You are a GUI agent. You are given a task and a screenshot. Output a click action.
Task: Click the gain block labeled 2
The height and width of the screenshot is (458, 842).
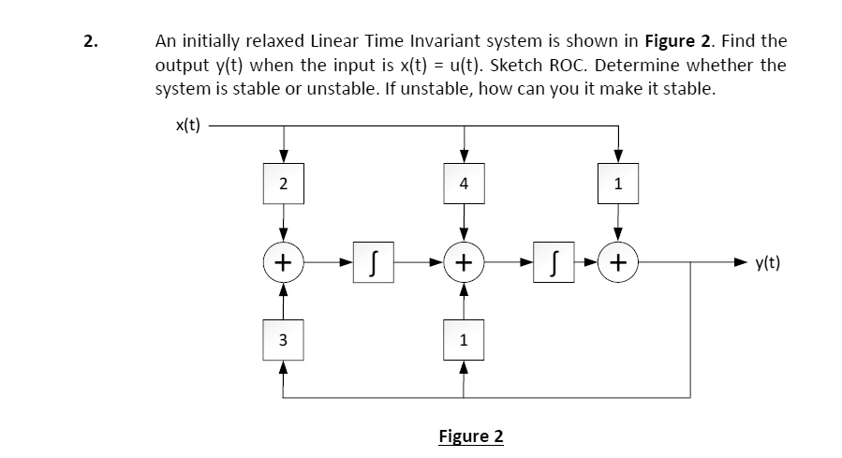click(284, 184)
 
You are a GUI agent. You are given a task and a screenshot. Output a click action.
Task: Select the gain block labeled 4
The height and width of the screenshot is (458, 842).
click(464, 184)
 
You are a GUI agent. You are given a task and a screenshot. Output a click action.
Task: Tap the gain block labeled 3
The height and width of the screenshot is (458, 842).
click(283, 340)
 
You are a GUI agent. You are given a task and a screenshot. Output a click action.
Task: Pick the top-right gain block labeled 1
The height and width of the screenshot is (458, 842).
click(618, 184)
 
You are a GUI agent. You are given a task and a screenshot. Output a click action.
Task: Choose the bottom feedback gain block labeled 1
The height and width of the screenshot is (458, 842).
click(464, 340)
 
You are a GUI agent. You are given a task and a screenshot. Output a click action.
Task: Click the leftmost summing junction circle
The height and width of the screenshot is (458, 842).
click(284, 262)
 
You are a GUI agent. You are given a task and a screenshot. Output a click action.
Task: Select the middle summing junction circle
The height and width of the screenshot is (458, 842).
click(464, 262)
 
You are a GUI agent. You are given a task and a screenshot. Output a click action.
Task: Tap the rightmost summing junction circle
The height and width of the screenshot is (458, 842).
click(618, 262)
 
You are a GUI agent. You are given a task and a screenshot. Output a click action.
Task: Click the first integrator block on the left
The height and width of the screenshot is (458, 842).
click(373, 262)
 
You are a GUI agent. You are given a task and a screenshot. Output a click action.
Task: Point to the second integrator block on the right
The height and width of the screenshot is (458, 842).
click(554, 262)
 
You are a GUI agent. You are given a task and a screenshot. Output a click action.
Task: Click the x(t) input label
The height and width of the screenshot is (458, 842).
click(187, 126)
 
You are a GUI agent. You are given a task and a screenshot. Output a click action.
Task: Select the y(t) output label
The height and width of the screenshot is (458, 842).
click(768, 263)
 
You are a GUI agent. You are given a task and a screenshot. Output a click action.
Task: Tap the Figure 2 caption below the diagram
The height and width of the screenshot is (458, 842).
click(471, 436)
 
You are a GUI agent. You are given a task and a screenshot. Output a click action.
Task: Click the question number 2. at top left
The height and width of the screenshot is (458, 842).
click(91, 41)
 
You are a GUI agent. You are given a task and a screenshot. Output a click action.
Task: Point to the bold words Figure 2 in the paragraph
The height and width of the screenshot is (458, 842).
click(680, 41)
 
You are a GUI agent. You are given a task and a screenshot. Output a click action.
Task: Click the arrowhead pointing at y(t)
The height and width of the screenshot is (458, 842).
click(741, 262)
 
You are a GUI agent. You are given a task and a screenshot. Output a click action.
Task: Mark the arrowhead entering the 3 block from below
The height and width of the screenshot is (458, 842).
click(283, 367)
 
